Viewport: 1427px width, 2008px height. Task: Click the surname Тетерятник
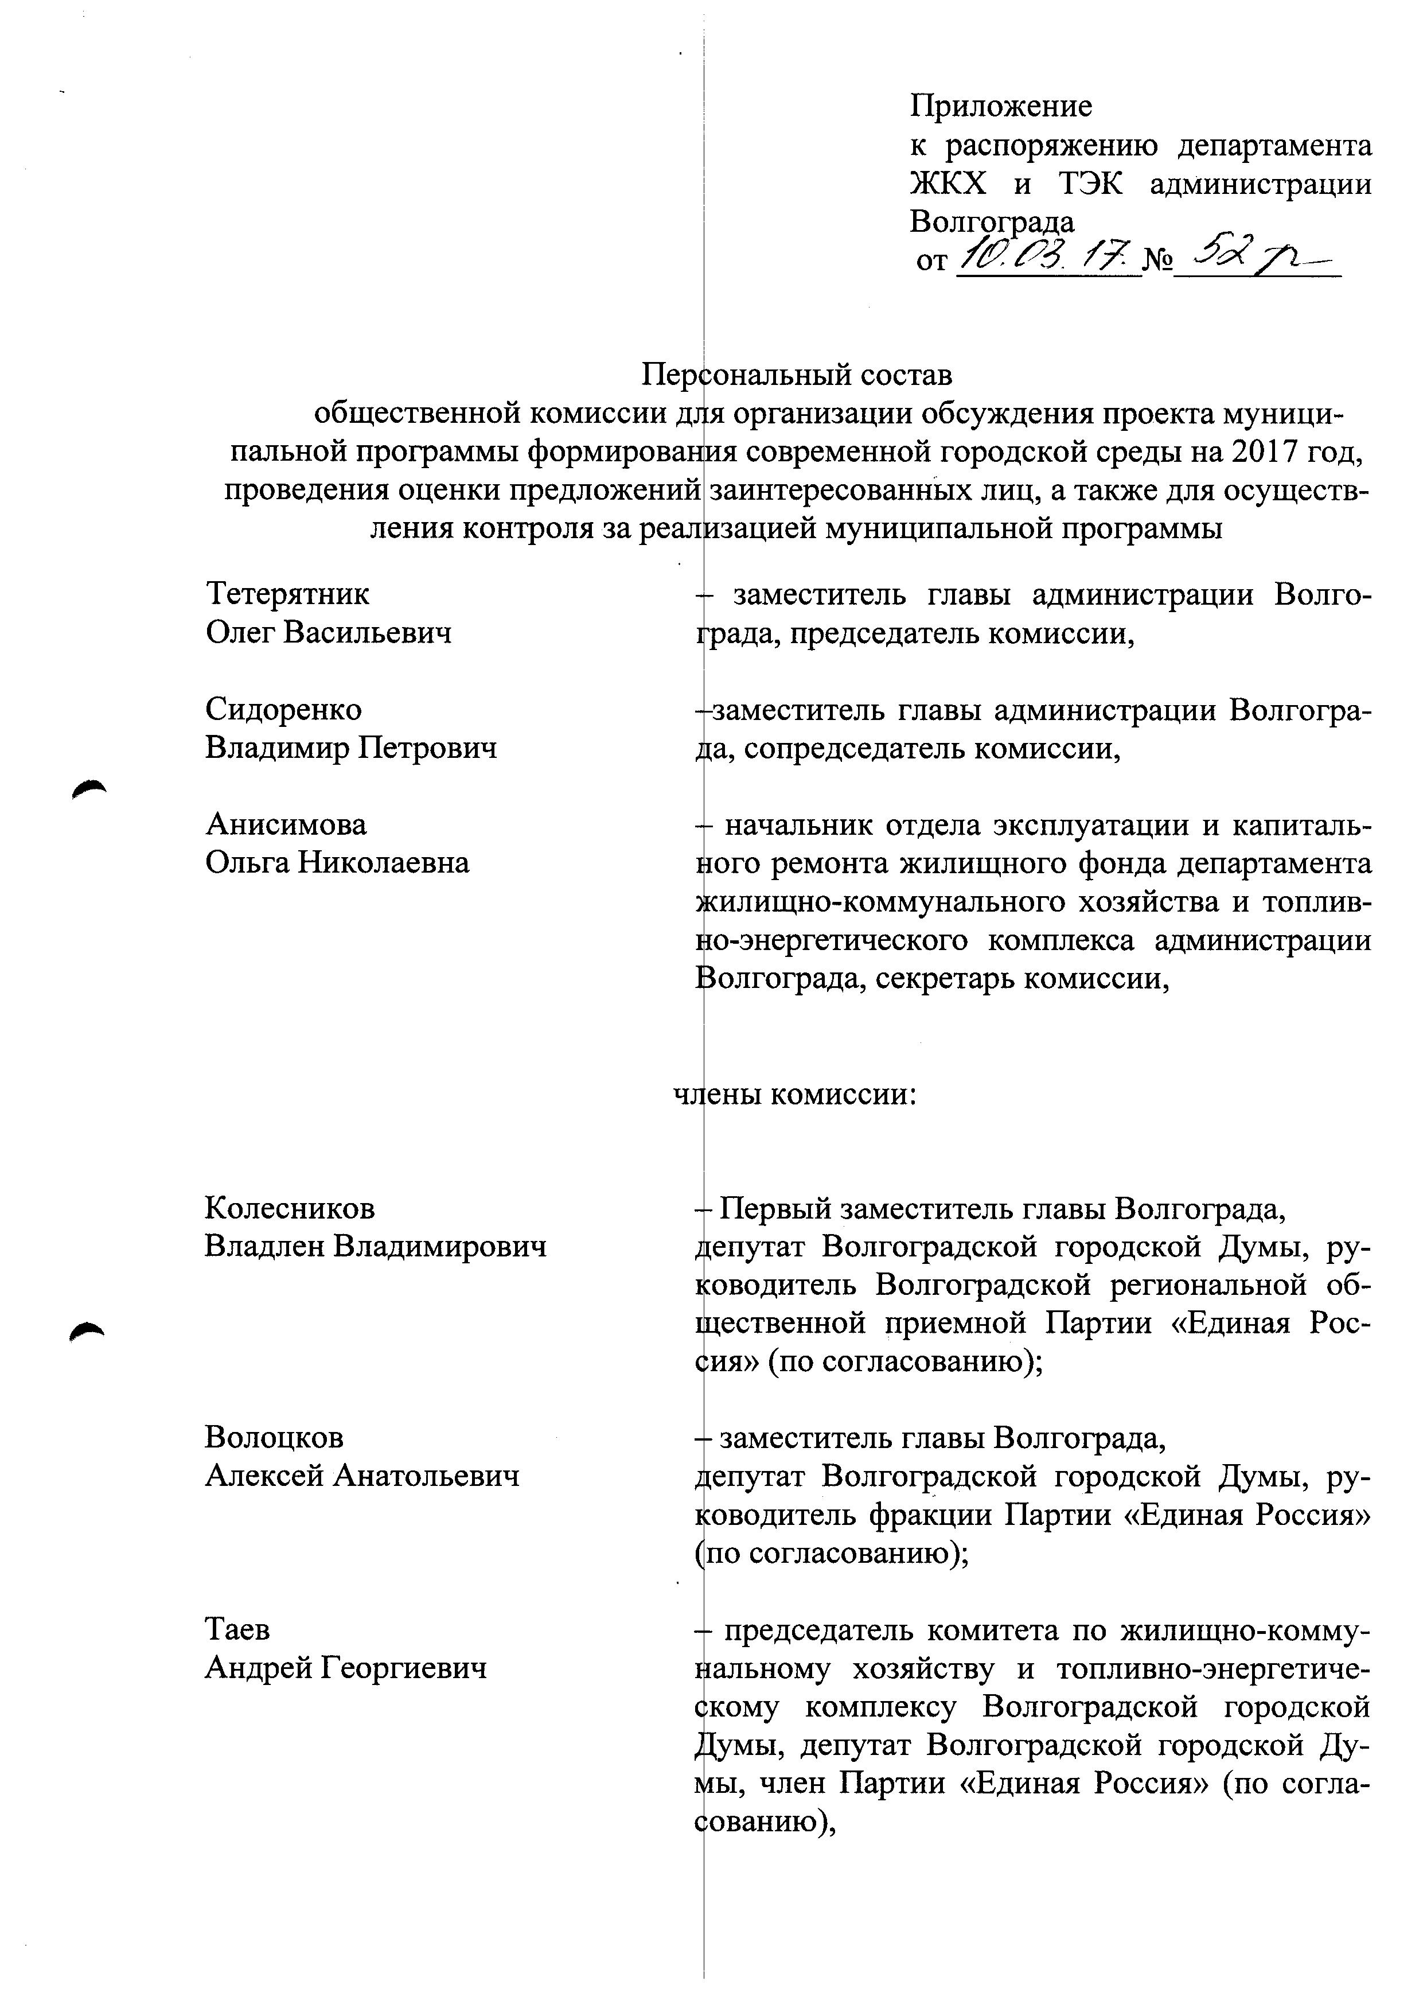[x=287, y=594]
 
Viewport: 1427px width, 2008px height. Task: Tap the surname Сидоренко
[x=283, y=709]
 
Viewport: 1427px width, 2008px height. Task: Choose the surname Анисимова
[x=286, y=824]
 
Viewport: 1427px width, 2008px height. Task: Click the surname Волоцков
[x=274, y=1438]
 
